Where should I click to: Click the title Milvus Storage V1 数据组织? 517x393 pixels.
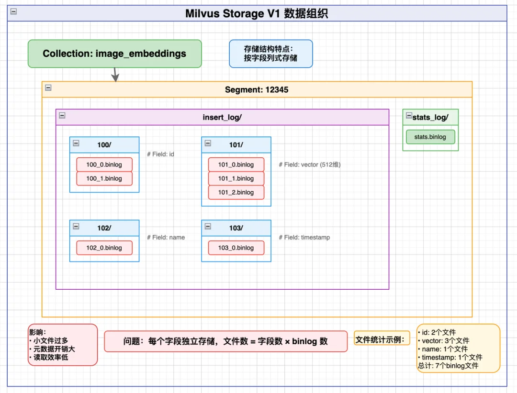[x=257, y=13]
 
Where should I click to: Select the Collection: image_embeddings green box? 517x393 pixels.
[x=114, y=54]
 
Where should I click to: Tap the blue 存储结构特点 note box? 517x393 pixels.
[x=270, y=54]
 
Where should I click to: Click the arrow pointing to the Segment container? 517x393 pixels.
[x=114, y=75]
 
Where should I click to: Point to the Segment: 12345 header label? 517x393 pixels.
[x=257, y=89]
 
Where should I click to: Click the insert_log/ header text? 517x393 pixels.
[x=222, y=117]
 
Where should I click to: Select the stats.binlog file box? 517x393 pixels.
[x=430, y=137]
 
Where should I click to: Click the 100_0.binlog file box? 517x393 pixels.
[x=104, y=164]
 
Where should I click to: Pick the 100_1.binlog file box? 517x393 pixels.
[x=104, y=178]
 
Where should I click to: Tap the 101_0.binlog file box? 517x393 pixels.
[x=236, y=164]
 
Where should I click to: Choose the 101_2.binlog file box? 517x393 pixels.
[x=236, y=192]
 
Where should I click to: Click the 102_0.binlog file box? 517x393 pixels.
[x=104, y=248]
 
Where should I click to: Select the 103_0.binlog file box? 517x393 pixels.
[x=236, y=248]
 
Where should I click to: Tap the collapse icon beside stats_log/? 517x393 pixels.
[x=408, y=116]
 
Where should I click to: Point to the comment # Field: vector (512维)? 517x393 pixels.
[x=310, y=164]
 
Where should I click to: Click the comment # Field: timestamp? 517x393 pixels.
[x=304, y=237]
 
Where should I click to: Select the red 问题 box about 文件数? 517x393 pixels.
[x=225, y=341]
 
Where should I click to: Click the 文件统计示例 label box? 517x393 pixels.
[x=382, y=339]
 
